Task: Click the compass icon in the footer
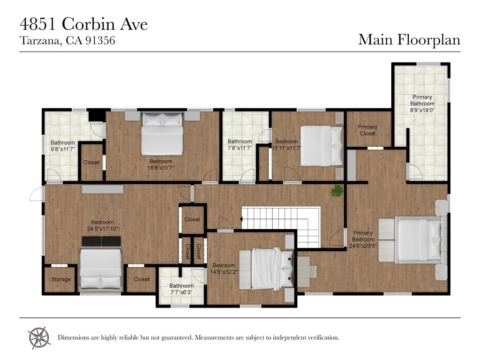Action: tap(39, 337)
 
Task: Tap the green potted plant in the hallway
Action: tap(337, 190)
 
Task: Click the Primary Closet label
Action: tap(367, 130)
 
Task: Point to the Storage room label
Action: tap(61, 279)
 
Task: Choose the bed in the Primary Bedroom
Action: tap(420, 239)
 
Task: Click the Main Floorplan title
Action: tap(409, 39)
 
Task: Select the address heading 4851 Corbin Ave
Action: tap(83, 24)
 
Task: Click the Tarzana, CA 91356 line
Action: tap(67, 41)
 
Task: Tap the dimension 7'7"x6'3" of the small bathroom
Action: tap(181, 292)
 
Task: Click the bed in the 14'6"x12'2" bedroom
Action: tap(266, 269)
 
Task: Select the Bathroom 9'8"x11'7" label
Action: tap(63, 146)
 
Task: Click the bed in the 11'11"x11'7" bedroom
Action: tap(322, 145)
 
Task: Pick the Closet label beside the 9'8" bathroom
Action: tap(91, 163)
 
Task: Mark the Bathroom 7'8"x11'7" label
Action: tap(240, 144)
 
